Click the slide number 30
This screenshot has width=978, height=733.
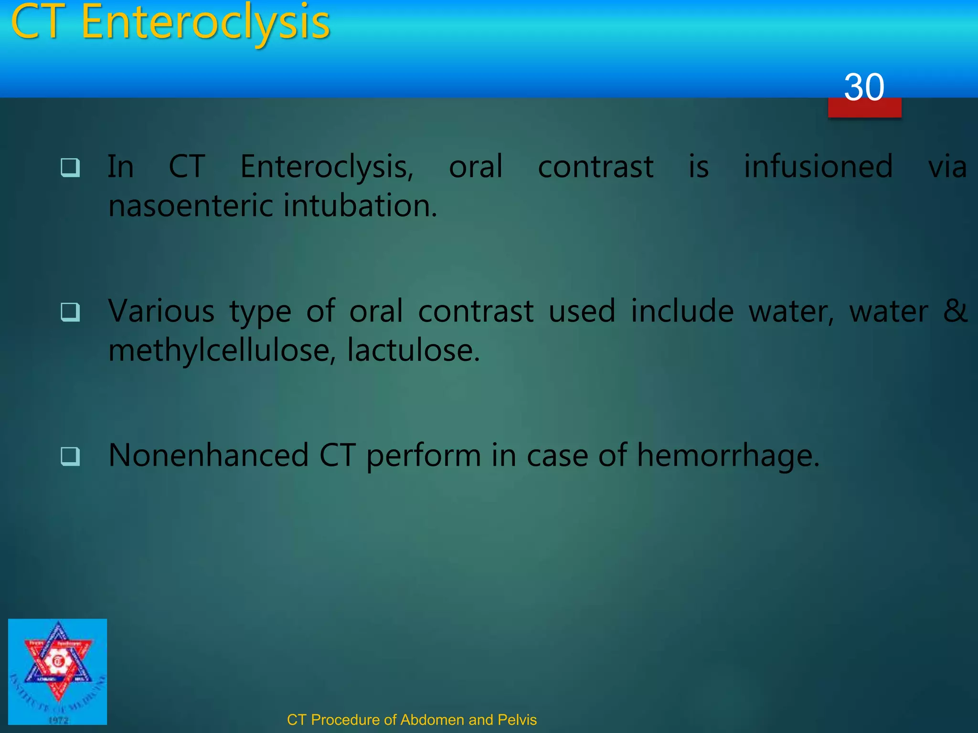point(864,87)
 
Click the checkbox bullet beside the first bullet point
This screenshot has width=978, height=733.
point(70,168)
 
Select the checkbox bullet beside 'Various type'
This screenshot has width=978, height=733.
point(70,312)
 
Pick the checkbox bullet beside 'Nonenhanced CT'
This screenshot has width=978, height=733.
point(70,456)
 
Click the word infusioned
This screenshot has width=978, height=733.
point(818,167)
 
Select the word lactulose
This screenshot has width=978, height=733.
point(413,350)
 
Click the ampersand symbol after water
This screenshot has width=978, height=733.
point(955,311)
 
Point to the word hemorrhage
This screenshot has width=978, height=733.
point(728,456)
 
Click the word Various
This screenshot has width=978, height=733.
point(161,311)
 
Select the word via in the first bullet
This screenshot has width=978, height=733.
point(947,167)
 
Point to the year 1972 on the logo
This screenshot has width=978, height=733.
point(58,720)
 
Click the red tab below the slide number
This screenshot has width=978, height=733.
point(864,109)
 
